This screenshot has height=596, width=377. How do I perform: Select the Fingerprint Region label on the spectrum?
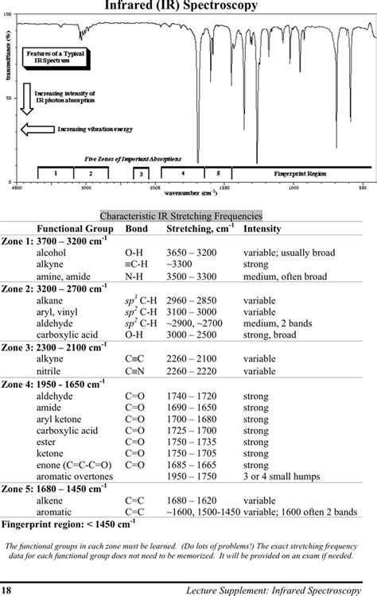[x=301, y=172]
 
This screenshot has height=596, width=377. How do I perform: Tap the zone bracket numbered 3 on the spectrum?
[x=140, y=173]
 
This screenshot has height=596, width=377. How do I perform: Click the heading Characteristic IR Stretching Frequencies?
[x=181, y=215]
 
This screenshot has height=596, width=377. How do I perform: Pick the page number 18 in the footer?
[x=6, y=589]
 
